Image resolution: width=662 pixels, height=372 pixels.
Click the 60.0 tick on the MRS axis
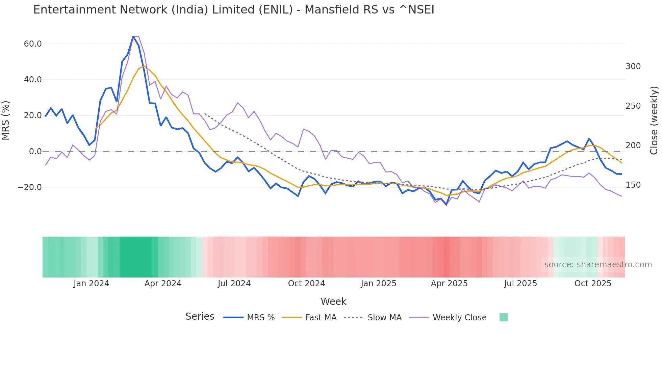[33, 44]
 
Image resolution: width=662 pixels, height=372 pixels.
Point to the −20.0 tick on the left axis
[30, 187]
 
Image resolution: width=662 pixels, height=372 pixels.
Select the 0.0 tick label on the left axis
[35, 152]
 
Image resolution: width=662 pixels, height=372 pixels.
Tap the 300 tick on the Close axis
[633, 67]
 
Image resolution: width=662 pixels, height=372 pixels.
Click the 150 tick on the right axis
[633, 185]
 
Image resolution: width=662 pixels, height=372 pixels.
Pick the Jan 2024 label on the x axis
[91, 284]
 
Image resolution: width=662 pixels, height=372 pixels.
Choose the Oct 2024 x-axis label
[306, 284]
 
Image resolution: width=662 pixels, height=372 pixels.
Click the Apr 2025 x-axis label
[449, 284]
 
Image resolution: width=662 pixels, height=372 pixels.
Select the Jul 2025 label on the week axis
[520, 284]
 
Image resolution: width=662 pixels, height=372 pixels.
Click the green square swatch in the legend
[503, 317]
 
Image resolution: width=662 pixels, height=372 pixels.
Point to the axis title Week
[333, 301]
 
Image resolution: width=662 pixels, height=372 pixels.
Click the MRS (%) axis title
[6, 120]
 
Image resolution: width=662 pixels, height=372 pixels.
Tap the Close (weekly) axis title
[654, 120]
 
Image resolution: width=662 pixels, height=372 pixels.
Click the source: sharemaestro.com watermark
[598, 265]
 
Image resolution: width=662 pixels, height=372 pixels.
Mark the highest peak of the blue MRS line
[133, 36]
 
